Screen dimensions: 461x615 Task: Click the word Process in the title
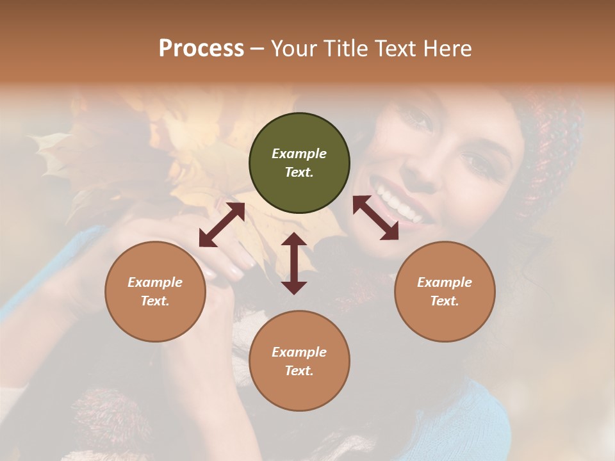pyautogui.click(x=201, y=49)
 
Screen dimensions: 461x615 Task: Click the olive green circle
pyautogui.click(x=299, y=163)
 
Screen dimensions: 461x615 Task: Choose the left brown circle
pyautogui.click(x=155, y=291)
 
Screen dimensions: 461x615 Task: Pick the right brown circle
pyautogui.click(x=445, y=291)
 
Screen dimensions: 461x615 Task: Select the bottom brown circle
pyautogui.click(x=299, y=361)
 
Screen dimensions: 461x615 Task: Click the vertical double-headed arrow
pyautogui.click(x=294, y=263)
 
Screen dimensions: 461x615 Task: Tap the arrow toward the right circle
pyautogui.click(x=375, y=218)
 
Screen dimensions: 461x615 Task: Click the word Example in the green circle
pyautogui.click(x=299, y=154)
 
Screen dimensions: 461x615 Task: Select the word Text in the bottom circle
pyautogui.click(x=298, y=371)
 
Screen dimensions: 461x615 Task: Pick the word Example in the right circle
pyautogui.click(x=445, y=282)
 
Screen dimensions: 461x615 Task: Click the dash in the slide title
pyautogui.click(x=258, y=49)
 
